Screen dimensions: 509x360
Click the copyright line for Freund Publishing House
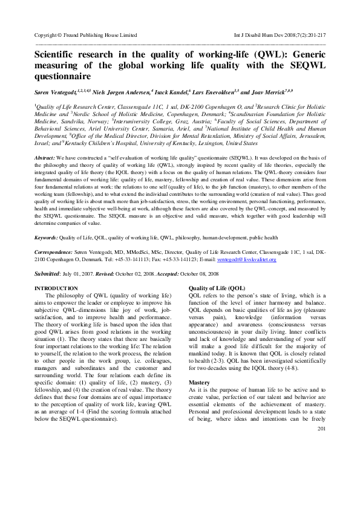pyautogui.click(x=86, y=36)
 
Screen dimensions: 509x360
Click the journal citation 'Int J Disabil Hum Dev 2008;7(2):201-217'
pyautogui.click(x=279, y=36)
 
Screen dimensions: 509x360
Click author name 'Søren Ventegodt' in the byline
pyautogui.click(x=56, y=92)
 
